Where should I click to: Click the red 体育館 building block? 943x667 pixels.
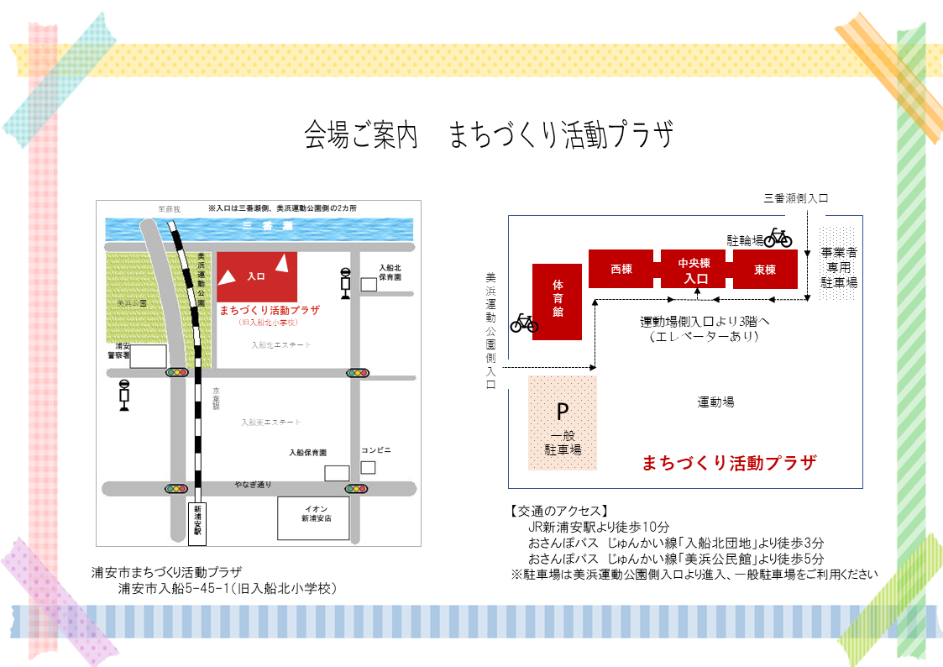point(558,302)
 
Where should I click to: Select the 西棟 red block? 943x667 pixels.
point(621,269)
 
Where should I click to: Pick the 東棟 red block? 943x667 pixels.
point(764,270)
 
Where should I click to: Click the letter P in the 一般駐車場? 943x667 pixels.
point(563,412)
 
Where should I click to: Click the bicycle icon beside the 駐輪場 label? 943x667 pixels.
point(778,238)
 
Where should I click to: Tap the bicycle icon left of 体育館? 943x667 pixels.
point(524,322)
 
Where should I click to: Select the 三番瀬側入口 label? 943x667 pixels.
point(796,199)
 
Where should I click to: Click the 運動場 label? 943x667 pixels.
point(716,402)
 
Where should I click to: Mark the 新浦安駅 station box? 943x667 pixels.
point(198,520)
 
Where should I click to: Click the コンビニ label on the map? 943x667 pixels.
point(376,450)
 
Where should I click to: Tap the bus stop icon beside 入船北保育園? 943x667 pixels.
point(344,282)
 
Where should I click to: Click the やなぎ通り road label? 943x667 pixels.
point(253,485)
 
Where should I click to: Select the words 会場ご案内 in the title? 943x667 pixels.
point(361,134)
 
